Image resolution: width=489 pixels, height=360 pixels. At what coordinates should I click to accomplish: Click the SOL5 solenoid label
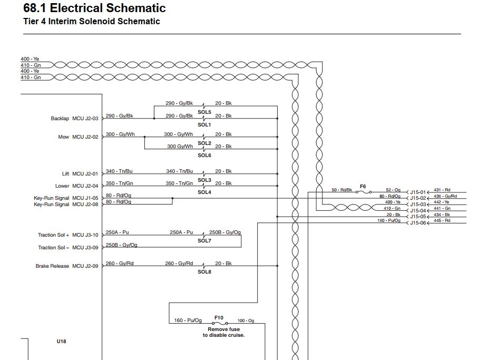[204, 112]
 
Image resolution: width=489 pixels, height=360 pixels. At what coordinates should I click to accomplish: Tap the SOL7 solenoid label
[204, 240]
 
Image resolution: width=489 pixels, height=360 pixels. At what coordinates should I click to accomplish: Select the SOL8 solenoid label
[204, 272]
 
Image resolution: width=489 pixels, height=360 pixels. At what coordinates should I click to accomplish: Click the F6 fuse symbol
[364, 192]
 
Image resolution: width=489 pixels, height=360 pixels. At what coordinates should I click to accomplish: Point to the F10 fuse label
[219, 318]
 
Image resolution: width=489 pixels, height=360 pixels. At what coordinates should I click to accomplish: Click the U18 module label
[62, 341]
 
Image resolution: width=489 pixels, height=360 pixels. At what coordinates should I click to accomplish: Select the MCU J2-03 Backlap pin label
[85, 119]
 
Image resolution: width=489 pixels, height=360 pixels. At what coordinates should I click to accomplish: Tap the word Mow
[64, 137]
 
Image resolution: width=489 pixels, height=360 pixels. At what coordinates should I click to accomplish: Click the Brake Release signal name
[52, 266]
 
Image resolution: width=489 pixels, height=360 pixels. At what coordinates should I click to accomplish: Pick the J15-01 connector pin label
[418, 192]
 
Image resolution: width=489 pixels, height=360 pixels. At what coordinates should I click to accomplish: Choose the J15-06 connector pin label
[418, 223]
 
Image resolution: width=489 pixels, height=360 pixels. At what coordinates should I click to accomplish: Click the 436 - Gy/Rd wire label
[445, 196]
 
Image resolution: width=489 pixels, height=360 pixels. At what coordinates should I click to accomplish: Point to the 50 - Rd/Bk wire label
[341, 190]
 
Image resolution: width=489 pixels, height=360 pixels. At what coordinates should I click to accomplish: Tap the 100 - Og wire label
[246, 320]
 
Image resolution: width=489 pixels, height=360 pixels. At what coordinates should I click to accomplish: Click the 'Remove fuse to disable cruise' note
[223, 332]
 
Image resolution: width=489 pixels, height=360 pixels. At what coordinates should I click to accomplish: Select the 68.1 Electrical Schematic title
[94, 8]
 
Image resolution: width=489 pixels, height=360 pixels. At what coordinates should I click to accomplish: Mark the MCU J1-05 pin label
[85, 198]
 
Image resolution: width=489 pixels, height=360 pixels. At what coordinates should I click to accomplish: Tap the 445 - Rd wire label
[442, 220]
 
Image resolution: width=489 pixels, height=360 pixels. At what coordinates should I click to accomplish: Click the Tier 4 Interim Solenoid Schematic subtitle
[92, 21]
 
